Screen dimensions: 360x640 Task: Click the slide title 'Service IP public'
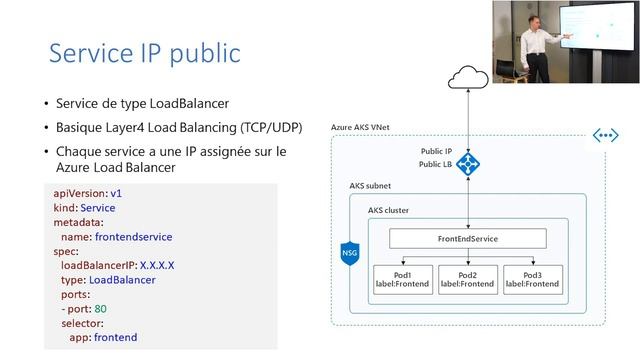[144, 52]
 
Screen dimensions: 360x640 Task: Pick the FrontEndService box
[467, 239]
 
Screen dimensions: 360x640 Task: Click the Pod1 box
[402, 279]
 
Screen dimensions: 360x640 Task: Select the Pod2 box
[467, 279]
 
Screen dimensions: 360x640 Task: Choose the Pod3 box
[532, 279]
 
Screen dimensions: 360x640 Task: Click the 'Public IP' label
[436, 151]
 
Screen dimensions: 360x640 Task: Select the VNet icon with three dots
[605, 135]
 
